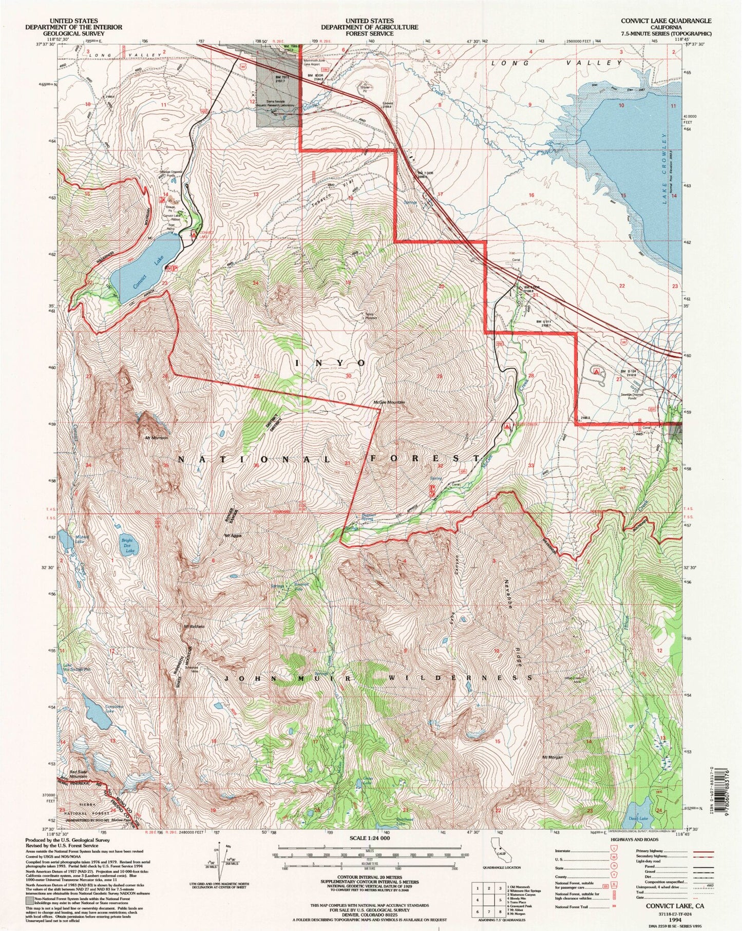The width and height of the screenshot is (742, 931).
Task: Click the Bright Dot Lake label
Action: [127, 545]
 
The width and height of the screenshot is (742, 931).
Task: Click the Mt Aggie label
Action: [233, 536]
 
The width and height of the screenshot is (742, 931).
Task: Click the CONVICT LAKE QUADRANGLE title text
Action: [665, 21]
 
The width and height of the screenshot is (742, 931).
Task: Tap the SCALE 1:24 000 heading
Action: [370, 838]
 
